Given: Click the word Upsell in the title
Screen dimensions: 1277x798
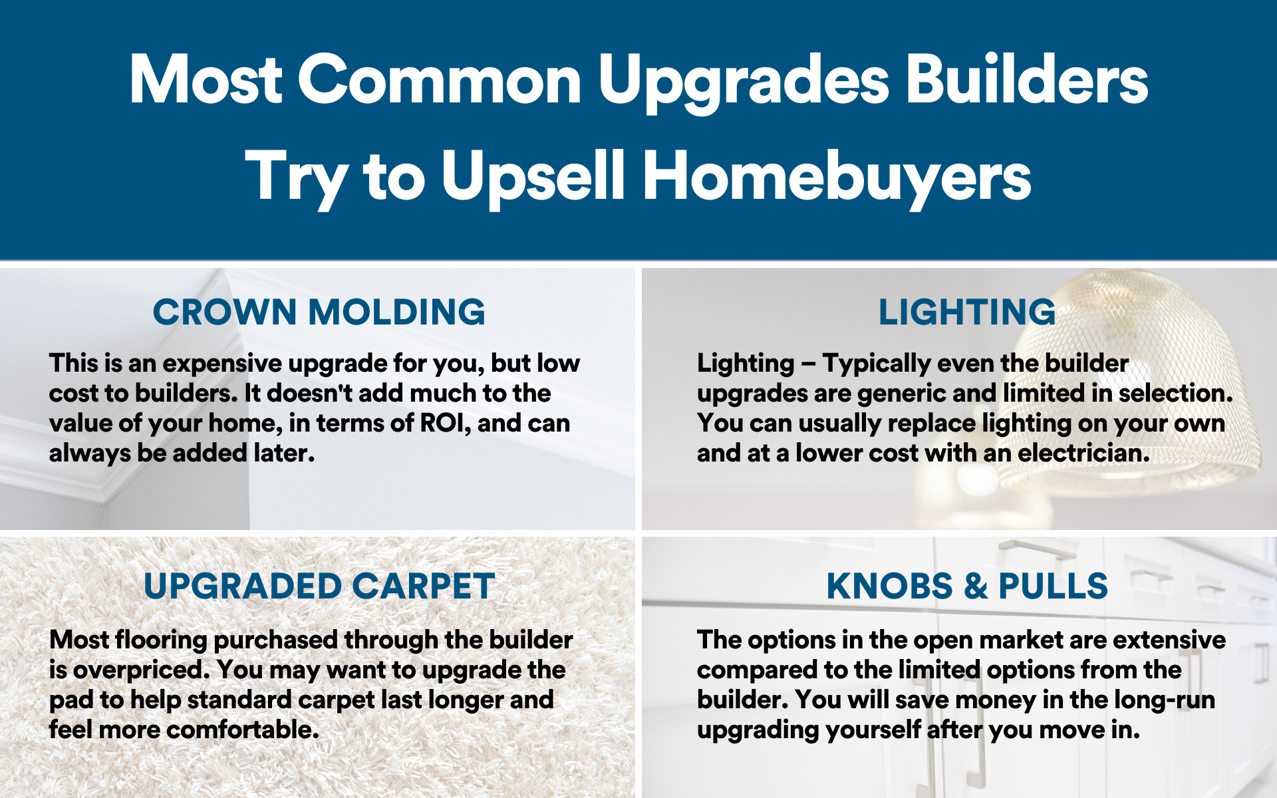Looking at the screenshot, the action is tap(533, 176).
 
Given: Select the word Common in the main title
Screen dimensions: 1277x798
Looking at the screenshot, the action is tap(440, 80).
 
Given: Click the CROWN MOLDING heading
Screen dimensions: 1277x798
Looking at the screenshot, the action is tap(319, 312).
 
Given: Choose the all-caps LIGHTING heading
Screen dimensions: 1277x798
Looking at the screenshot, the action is tap(967, 312).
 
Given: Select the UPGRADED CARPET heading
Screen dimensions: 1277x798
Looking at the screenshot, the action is tap(319, 586).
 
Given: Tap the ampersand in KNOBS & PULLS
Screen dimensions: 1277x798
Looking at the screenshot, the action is tap(976, 586).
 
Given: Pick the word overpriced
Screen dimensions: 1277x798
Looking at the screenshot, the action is tap(141, 670).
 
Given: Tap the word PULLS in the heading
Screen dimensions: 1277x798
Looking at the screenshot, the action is tap(1053, 586).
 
